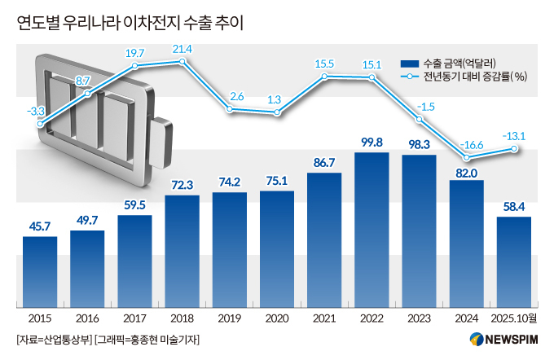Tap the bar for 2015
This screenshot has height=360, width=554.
click(x=40, y=272)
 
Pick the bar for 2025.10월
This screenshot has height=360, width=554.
click(x=513, y=262)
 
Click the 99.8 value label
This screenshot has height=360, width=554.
click(x=372, y=143)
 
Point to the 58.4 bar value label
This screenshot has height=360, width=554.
click(x=513, y=207)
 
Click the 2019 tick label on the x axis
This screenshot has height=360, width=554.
click(x=229, y=319)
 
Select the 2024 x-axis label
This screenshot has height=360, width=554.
click(x=467, y=319)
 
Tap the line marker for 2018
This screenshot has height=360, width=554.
click(x=182, y=62)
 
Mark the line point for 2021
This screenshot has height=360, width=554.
click(x=324, y=77)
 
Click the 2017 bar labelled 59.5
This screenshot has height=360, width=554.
click(x=134, y=261)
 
